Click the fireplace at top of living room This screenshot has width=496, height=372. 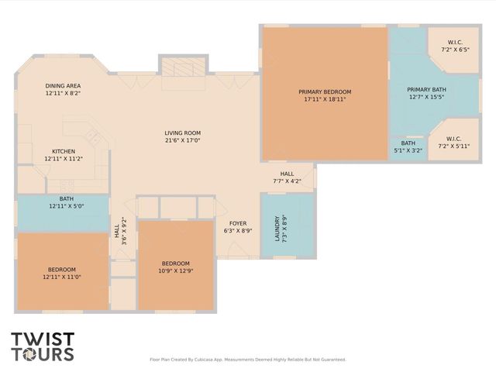click(184, 69)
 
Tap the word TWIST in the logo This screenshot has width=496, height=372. click(43, 339)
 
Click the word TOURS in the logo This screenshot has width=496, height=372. click(43, 355)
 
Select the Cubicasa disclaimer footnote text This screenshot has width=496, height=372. click(247, 360)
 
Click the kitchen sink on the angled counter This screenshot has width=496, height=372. click(93, 137)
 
